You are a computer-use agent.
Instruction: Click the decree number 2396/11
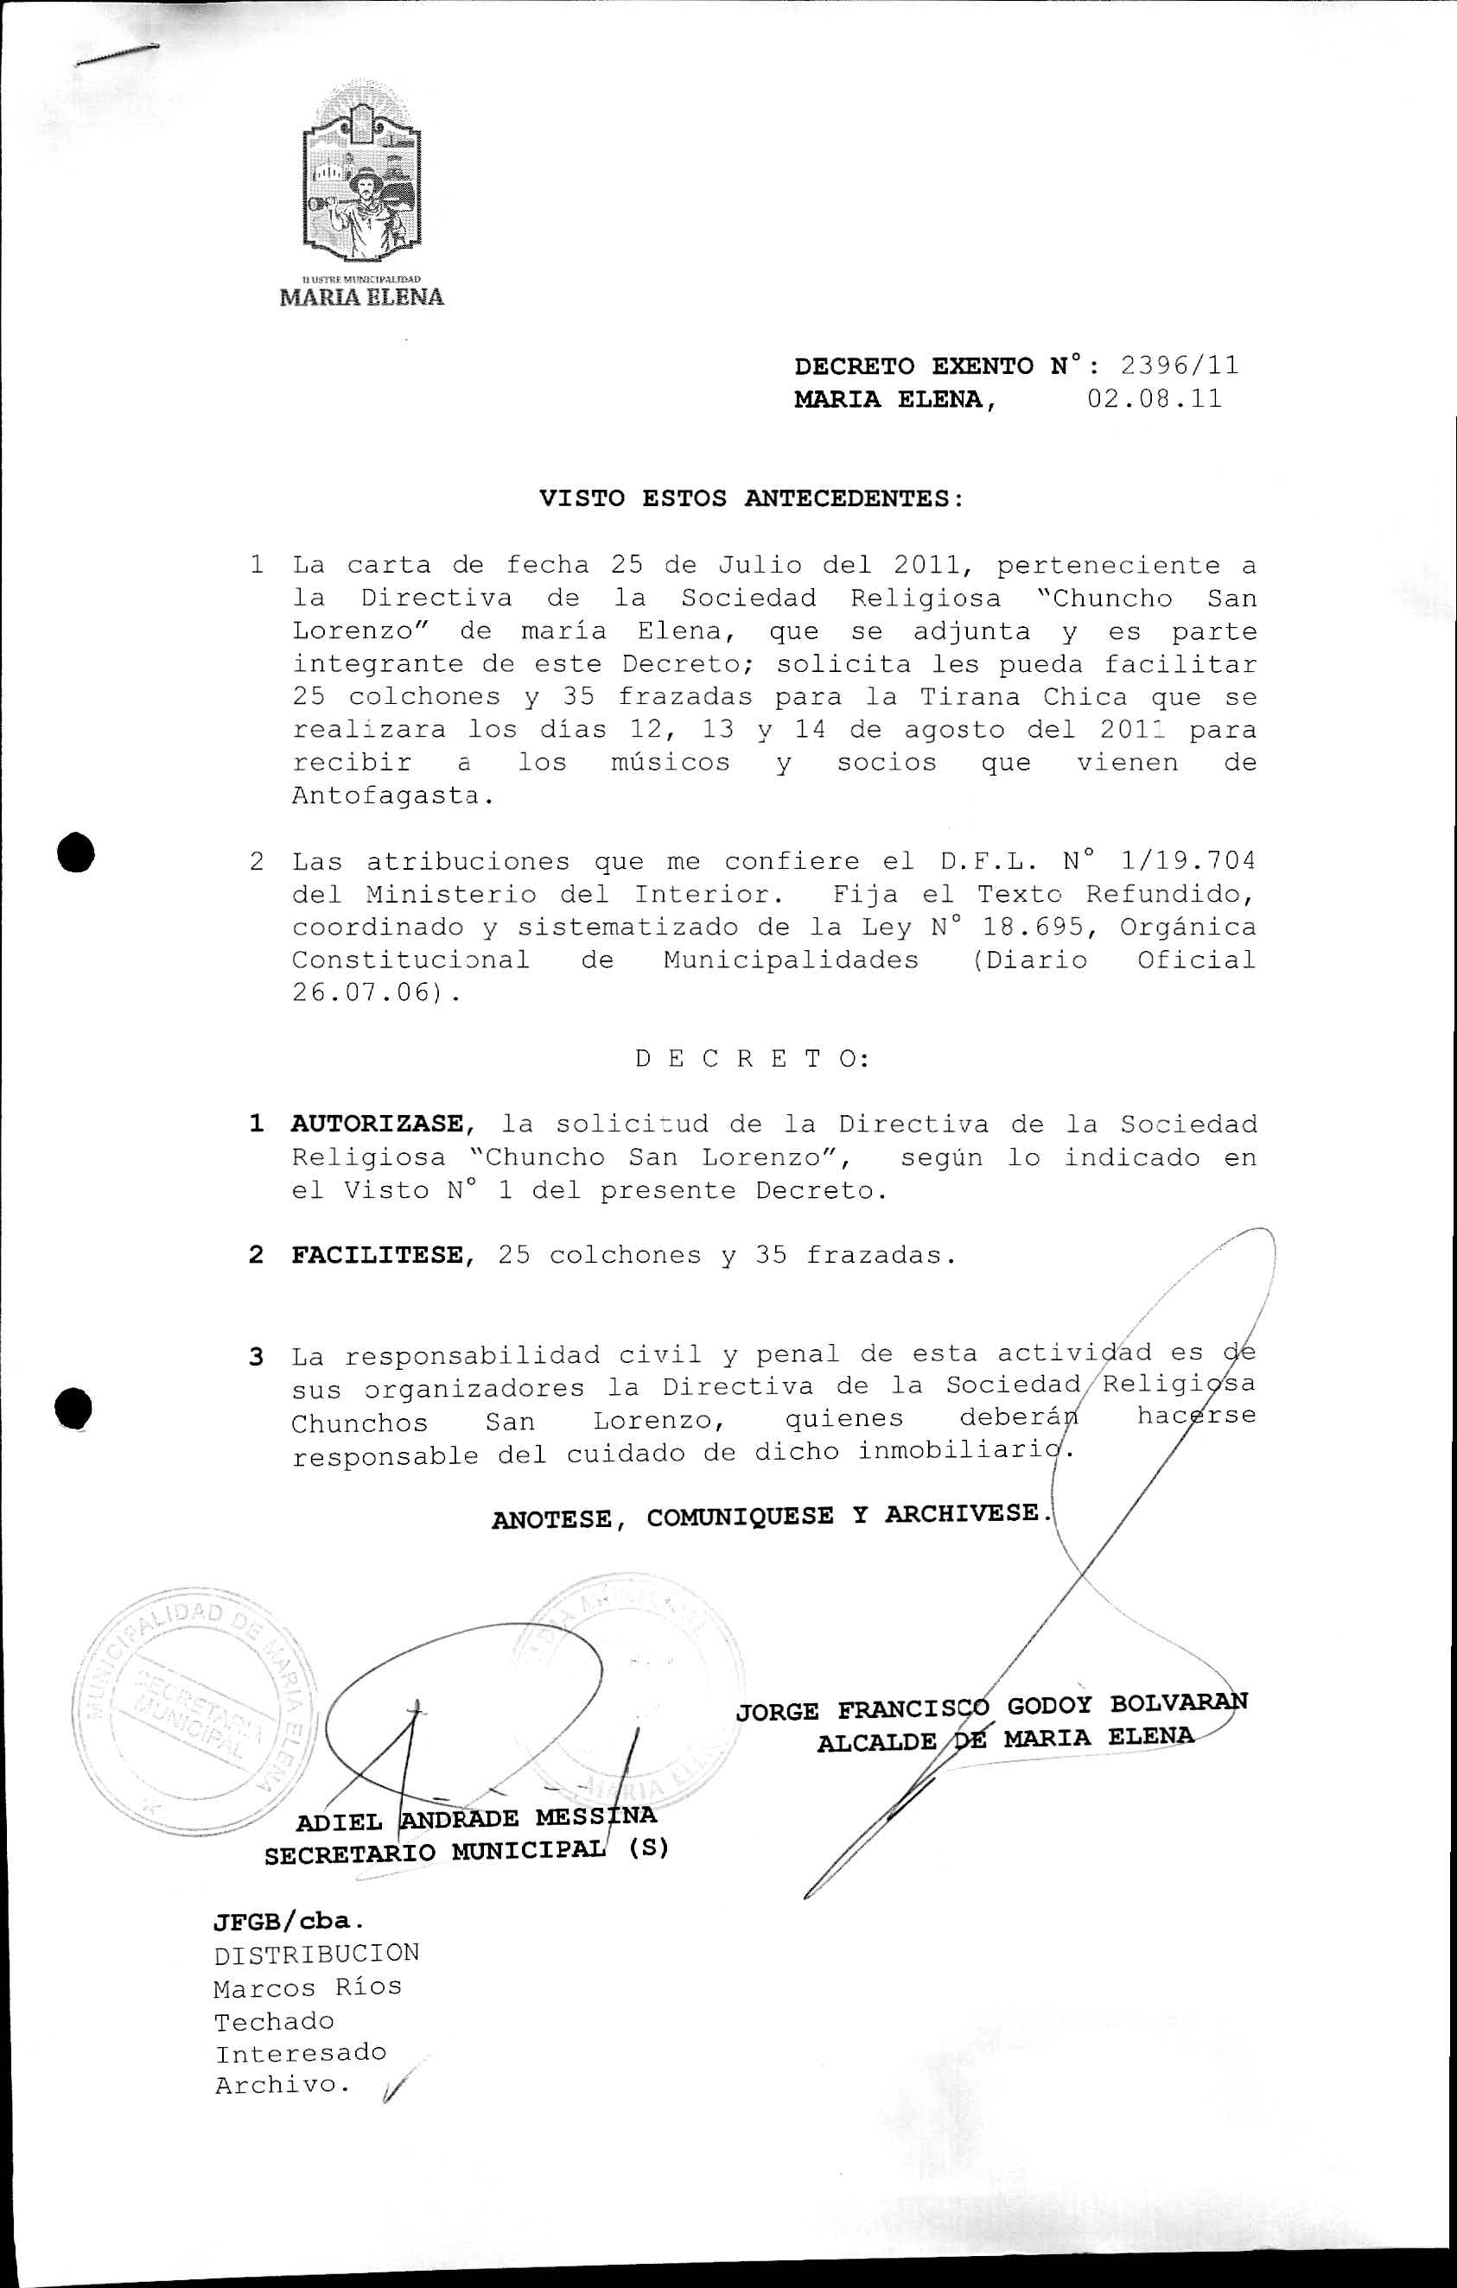point(1179,366)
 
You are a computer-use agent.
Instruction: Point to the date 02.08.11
point(1154,399)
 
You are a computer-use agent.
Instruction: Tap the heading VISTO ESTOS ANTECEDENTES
point(751,499)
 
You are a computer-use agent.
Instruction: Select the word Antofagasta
point(391,796)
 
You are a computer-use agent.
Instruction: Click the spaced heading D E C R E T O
point(751,1060)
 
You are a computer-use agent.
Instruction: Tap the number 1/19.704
point(1188,862)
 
